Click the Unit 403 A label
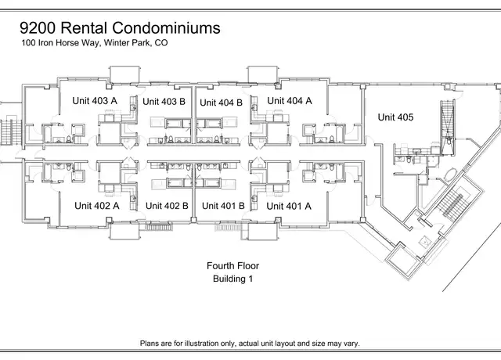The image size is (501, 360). coord(95,101)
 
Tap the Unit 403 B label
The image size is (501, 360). coord(164,102)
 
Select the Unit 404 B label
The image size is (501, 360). coord(221,103)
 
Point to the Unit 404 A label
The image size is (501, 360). coord(290,101)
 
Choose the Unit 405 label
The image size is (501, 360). coord(395,117)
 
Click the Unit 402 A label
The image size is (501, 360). coord(97,206)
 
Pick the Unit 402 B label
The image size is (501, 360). coord(167,206)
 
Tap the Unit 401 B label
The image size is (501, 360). coord(223,206)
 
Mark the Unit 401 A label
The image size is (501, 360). coord(289,207)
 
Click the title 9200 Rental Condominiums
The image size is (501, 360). coord(120,28)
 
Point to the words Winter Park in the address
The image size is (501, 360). coord(127,43)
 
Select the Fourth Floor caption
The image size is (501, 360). coord(233,266)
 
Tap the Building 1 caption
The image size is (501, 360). coord(233,279)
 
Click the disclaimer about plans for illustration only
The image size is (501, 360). coord(250,344)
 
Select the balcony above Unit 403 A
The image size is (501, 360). coord(124,75)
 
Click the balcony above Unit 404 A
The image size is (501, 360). coord(263,75)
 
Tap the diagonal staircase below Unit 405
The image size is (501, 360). coord(450,203)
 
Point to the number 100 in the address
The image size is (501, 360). coord(28,43)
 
